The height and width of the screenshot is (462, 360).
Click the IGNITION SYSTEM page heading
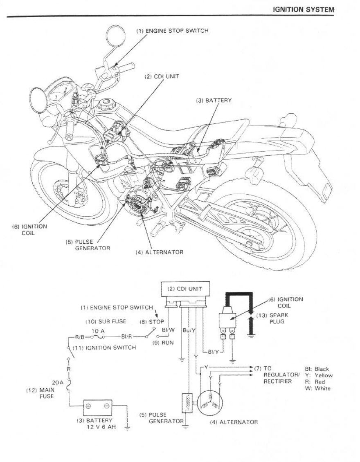point(303,9)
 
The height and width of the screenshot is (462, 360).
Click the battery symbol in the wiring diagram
point(97,406)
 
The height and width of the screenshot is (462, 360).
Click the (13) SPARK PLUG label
point(279,318)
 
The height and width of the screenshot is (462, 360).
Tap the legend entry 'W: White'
point(317,388)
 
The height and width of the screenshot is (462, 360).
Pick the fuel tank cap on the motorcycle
point(108,103)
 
